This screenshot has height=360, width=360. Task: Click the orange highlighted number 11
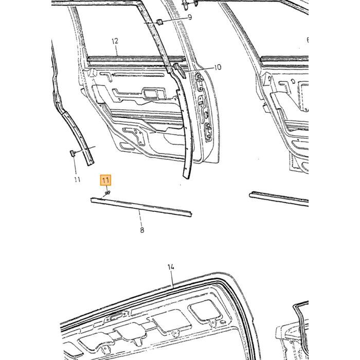coord(105,180)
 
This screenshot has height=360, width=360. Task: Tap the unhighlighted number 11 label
coord(77,179)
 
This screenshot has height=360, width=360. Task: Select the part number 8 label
coord(142,230)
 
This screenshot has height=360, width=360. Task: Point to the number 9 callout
coord(190,17)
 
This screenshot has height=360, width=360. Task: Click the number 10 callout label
coord(218,67)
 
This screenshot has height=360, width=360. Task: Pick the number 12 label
coord(115,41)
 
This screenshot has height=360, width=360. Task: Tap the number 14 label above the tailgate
coord(171,267)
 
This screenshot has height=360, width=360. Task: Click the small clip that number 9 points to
coord(159,22)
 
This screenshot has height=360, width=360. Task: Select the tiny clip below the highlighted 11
coord(107,193)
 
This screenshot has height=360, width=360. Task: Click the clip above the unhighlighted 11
coord(72,153)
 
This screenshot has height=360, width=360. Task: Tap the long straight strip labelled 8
coord(141,207)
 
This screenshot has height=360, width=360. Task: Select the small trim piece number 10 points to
coord(180,71)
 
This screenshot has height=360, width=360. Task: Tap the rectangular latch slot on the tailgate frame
coord(115,318)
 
